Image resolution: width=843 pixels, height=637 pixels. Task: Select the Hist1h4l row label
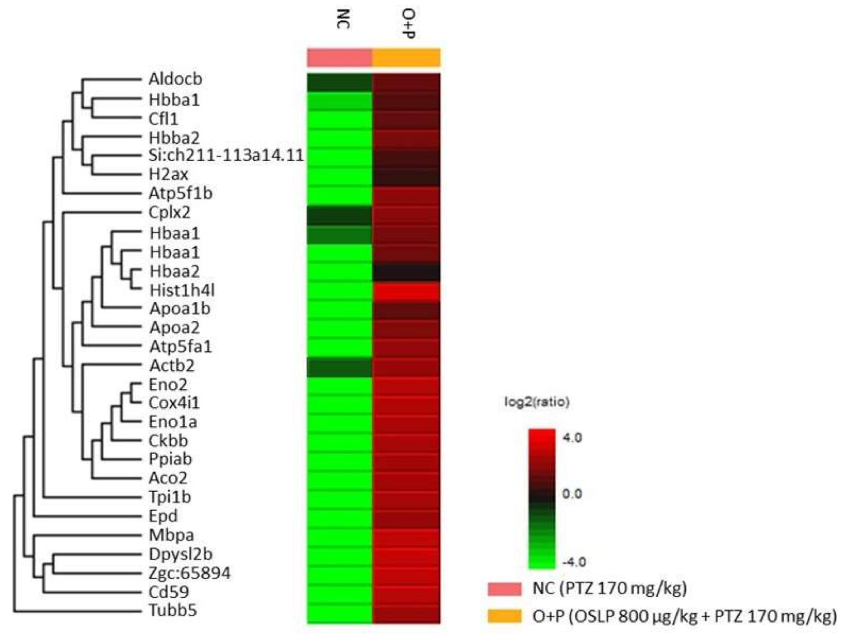coord(182,290)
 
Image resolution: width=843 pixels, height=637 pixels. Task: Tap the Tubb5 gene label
coord(173,610)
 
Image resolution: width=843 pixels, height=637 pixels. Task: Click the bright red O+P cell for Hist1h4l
coord(406,291)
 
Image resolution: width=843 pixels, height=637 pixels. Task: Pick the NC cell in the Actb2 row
coord(339,367)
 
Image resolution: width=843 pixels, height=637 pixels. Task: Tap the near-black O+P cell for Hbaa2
coord(406,272)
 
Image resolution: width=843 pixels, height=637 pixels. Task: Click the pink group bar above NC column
coord(339,58)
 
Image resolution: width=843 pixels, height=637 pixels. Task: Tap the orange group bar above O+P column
coord(406,58)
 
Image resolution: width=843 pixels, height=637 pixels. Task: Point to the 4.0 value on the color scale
coord(572,438)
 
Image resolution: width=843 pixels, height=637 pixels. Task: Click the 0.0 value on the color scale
coord(572,494)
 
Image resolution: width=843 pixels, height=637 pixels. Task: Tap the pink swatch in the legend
coord(504,589)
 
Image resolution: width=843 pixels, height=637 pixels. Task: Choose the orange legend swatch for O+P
coord(504,616)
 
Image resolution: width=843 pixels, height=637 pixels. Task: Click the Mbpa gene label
coord(171,535)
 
